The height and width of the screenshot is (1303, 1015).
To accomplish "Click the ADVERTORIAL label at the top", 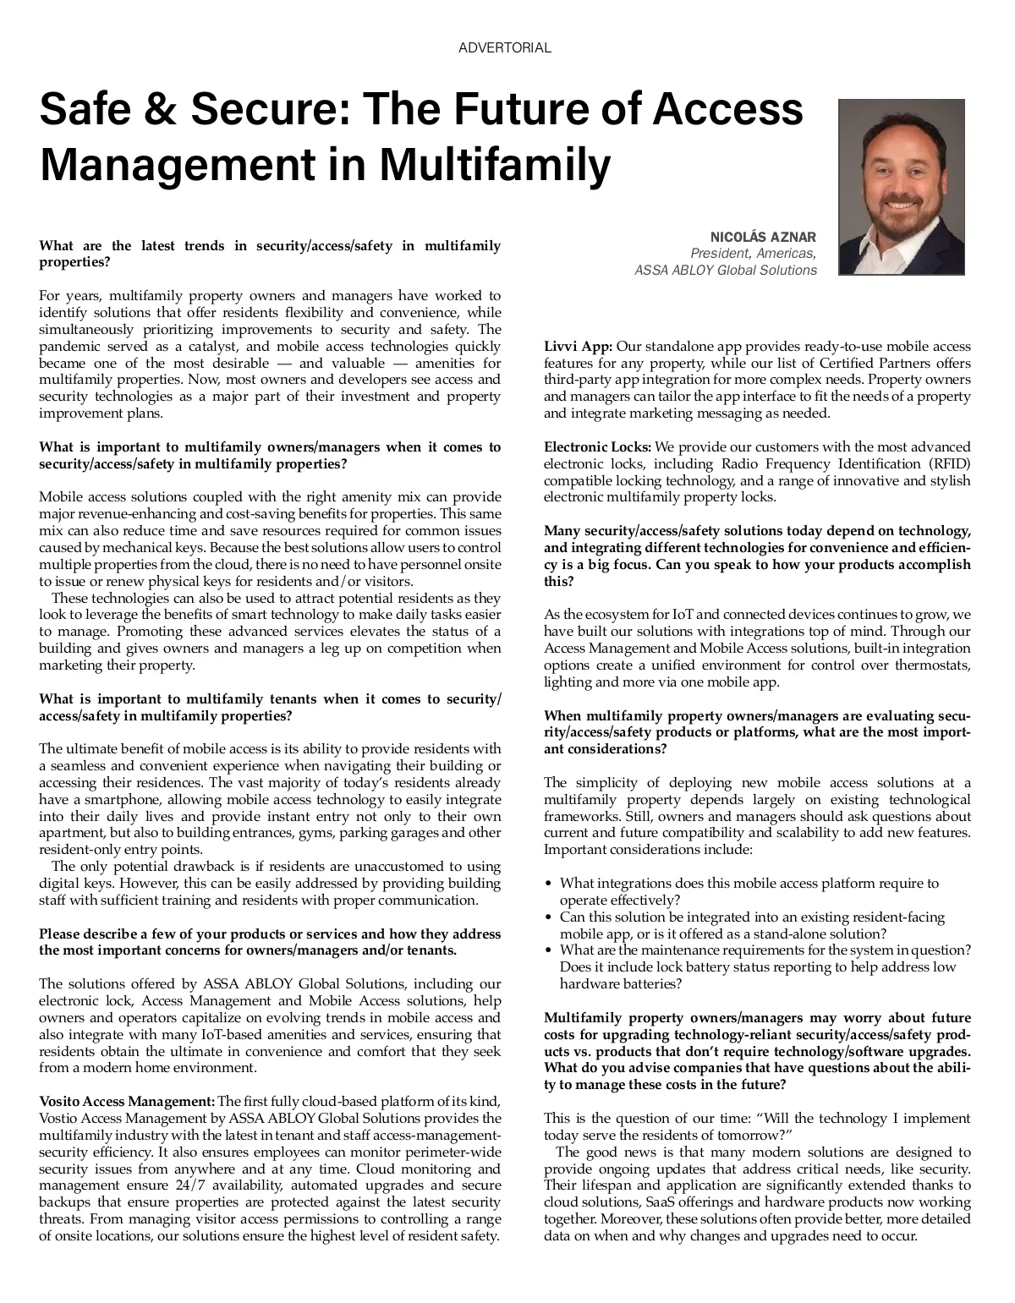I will coord(504,48).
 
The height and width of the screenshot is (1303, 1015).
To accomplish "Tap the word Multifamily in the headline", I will coord(493,165).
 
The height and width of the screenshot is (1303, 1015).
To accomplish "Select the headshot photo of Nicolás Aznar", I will coord(901,187).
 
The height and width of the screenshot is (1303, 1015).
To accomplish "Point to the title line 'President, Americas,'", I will coord(753,254).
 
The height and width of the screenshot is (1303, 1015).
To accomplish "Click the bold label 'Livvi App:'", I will coord(578,347).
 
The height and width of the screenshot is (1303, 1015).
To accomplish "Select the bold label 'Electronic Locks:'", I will coord(597,447).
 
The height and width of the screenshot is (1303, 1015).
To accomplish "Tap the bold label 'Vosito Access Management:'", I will coord(127,1101).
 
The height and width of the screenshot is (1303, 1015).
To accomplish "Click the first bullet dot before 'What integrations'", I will coord(549,884).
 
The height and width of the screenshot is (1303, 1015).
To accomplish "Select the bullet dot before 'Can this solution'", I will coord(549,917).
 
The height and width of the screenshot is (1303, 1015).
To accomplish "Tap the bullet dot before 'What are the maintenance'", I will coord(549,951).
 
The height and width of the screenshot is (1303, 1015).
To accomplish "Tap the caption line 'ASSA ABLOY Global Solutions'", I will coord(726,271).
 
